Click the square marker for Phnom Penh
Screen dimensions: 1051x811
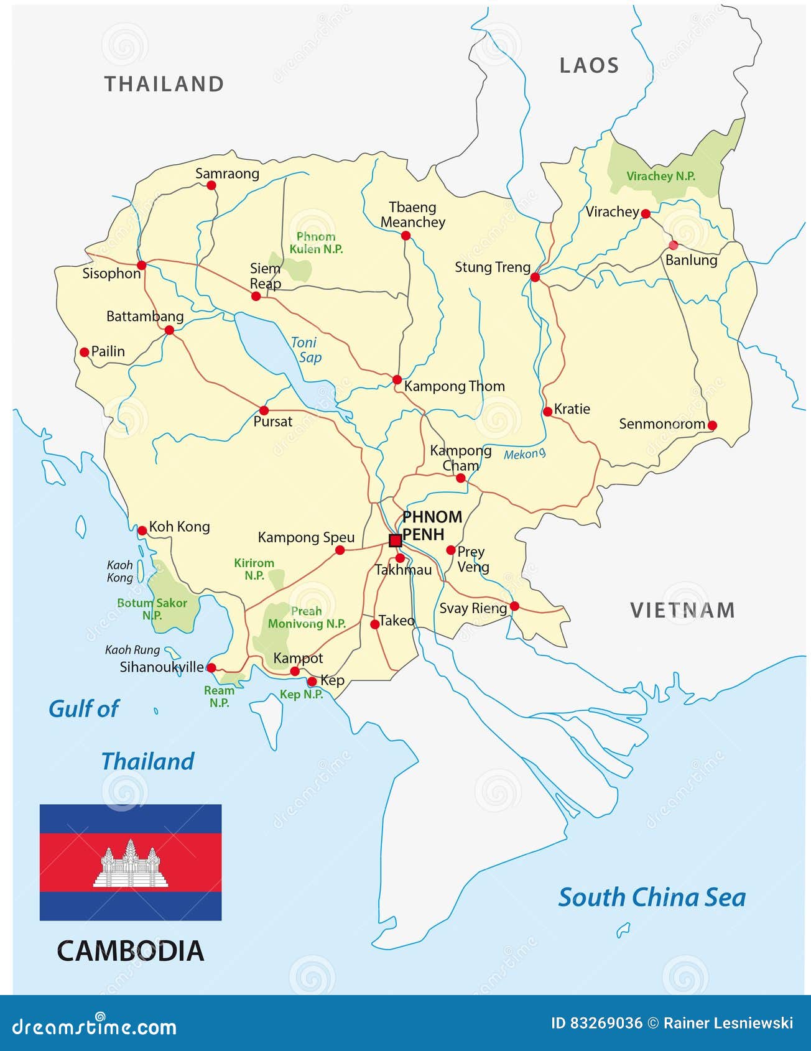[395, 540]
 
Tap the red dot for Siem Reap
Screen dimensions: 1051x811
[256, 296]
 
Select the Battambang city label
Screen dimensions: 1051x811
[145, 316]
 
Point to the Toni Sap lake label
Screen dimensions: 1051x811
[305, 350]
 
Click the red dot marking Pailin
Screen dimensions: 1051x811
[85, 352]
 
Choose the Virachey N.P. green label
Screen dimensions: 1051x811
[660, 176]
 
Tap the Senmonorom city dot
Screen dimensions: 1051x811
[712, 425]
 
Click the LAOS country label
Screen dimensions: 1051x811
[589, 65]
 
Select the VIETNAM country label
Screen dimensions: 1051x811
[682, 610]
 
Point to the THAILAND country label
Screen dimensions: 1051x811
[164, 84]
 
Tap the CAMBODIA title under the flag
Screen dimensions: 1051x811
[131, 951]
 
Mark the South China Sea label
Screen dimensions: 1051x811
[651, 897]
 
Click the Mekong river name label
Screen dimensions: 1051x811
[524, 454]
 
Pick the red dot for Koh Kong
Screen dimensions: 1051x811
[142, 530]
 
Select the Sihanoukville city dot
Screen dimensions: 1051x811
[211, 667]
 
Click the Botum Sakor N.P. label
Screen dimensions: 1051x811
[152, 609]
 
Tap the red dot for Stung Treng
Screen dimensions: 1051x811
[535, 277]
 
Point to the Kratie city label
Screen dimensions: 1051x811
[572, 409]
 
